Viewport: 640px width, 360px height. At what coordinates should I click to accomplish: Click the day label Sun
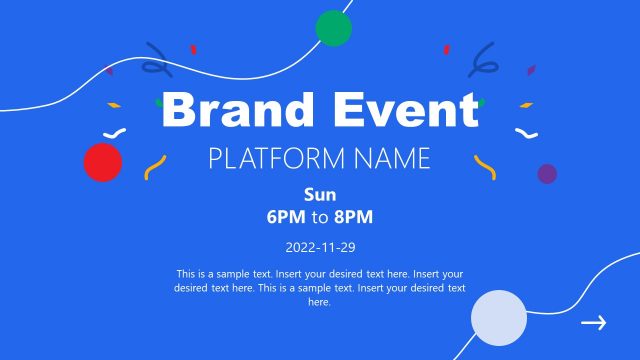[x=320, y=194]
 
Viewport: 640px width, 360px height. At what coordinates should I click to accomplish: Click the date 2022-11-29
[x=320, y=246]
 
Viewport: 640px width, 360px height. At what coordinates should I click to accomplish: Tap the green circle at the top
[x=334, y=28]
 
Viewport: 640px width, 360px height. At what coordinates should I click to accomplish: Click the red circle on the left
[x=102, y=162]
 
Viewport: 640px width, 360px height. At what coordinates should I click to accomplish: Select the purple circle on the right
[x=547, y=174]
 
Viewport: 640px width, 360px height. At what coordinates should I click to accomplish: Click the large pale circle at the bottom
[x=499, y=317]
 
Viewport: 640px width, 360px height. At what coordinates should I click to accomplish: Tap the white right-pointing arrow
[x=594, y=322]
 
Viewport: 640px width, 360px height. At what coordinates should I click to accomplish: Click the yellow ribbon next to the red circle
[x=154, y=167]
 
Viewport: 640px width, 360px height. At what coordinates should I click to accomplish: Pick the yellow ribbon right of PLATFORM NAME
[x=484, y=166]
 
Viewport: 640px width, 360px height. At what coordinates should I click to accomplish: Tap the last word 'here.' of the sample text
[x=320, y=301]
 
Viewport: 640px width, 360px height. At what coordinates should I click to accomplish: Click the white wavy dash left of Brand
[x=117, y=133]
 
